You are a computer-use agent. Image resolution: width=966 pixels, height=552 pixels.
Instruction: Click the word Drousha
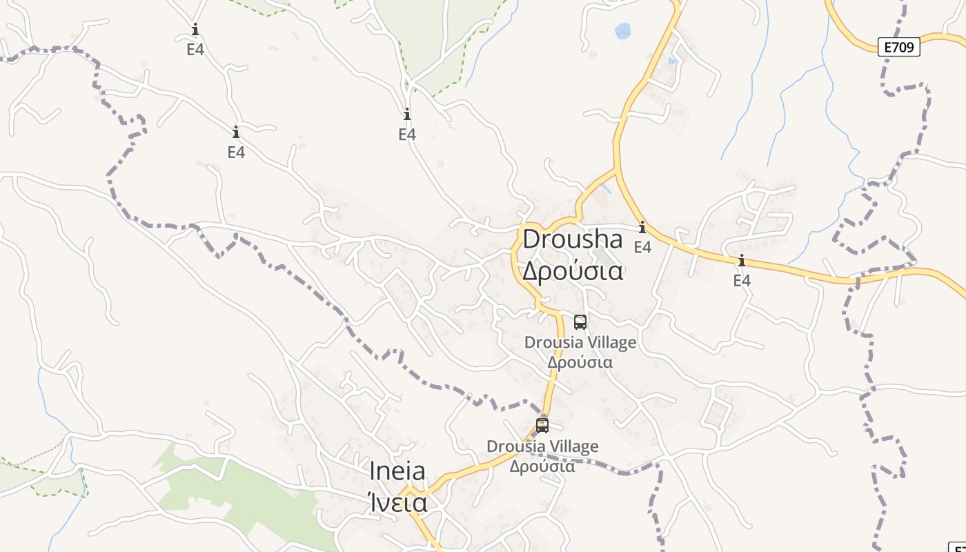pos(572,239)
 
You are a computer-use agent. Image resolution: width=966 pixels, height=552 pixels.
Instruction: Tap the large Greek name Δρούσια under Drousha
pos(572,270)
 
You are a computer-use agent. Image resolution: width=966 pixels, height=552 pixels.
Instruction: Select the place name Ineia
pos(397,471)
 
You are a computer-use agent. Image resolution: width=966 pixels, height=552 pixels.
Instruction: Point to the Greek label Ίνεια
pos(397,502)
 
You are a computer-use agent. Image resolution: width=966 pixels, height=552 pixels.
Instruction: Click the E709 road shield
pos(899,47)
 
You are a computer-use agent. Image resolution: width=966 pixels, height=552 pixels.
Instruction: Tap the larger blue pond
pos(622,31)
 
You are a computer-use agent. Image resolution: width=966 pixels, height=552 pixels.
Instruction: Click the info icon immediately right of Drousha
pos(642,227)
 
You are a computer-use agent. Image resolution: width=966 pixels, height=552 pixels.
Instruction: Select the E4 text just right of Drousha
pos(642,247)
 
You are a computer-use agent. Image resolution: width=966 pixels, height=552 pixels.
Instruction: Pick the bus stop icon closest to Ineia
pos(542,425)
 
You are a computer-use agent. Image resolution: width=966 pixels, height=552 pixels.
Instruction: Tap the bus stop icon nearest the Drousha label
pos(580,322)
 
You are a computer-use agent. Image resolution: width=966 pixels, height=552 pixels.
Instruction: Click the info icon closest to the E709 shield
pos(742,260)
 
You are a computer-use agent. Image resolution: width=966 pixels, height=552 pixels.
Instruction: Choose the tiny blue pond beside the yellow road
pos(672,61)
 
